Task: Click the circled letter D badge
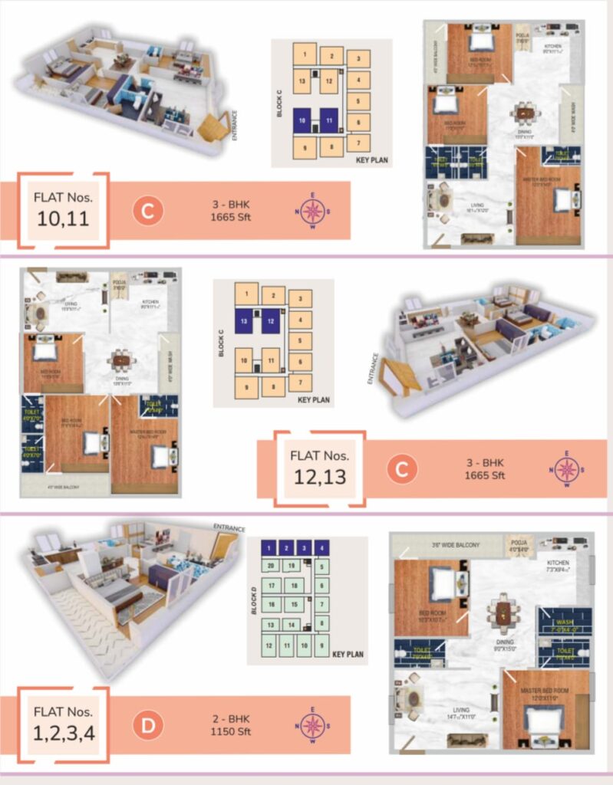pyautogui.click(x=146, y=725)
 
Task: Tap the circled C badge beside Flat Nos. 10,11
pyautogui.click(x=147, y=211)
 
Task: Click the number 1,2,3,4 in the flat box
pyautogui.click(x=64, y=733)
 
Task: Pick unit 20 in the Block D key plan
pyautogui.click(x=270, y=566)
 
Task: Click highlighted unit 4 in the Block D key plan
pyautogui.click(x=321, y=548)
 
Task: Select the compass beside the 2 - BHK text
pyautogui.click(x=311, y=725)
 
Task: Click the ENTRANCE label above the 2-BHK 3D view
pyautogui.click(x=229, y=528)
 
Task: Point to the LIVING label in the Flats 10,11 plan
pyautogui.click(x=481, y=205)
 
